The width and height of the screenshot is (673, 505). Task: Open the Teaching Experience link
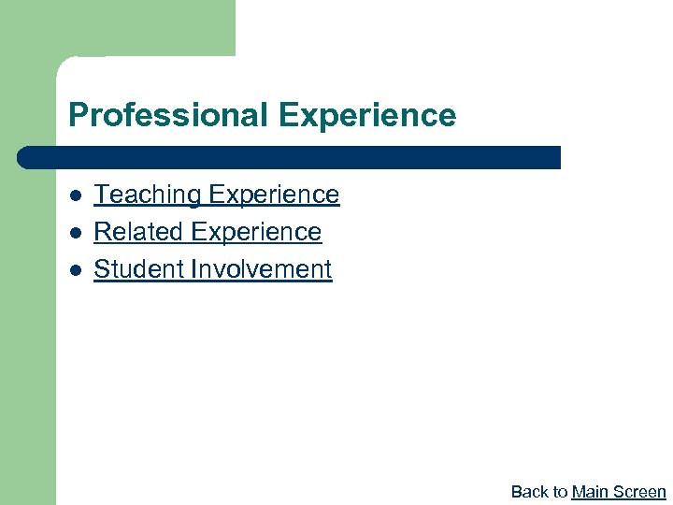(217, 195)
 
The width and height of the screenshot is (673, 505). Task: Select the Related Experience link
(208, 232)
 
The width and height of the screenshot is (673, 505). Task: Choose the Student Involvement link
(213, 269)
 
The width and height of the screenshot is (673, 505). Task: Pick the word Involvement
(261, 269)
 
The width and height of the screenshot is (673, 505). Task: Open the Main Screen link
(619, 492)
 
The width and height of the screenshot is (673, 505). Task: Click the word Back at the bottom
(529, 492)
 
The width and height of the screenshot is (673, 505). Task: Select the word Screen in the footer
(639, 492)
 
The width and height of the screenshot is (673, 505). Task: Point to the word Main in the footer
(590, 492)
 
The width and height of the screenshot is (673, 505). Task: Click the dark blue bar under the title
(290, 157)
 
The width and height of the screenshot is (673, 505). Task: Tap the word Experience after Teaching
(274, 195)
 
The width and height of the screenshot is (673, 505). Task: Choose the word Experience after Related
(255, 232)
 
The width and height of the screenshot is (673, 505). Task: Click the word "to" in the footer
(559, 492)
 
